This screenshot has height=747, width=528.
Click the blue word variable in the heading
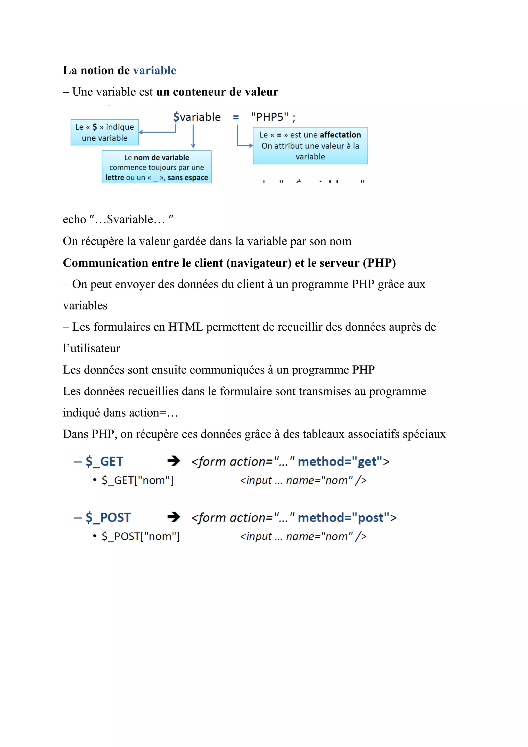[x=154, y=71]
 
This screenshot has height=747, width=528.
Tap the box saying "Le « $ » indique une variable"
[x=105, y=132]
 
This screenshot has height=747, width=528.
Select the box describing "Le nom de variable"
[x=156, y=167]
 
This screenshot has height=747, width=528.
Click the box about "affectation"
[x=310, y=146]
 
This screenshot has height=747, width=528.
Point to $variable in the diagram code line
[x=197, y=117]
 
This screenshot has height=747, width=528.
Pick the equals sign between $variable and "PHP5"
[x=236, y=117]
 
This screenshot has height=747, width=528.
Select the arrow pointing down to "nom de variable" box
[x=193, y=137]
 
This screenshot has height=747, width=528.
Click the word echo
[x=74, y=220]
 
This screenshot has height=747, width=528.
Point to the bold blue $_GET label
[x=104, y=462]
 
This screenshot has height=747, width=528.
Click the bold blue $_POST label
[x=108, y=518]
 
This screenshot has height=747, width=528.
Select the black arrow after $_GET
[x=174, y=461]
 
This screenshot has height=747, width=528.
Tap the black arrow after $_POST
[x=174, y=517]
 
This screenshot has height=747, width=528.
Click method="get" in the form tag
[x=340, y=462]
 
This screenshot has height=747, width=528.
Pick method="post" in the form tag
[x=344, y=518]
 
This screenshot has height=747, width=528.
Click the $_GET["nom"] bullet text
[x=137, y=481]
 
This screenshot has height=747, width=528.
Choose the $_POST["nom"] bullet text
[x=141, y=537]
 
